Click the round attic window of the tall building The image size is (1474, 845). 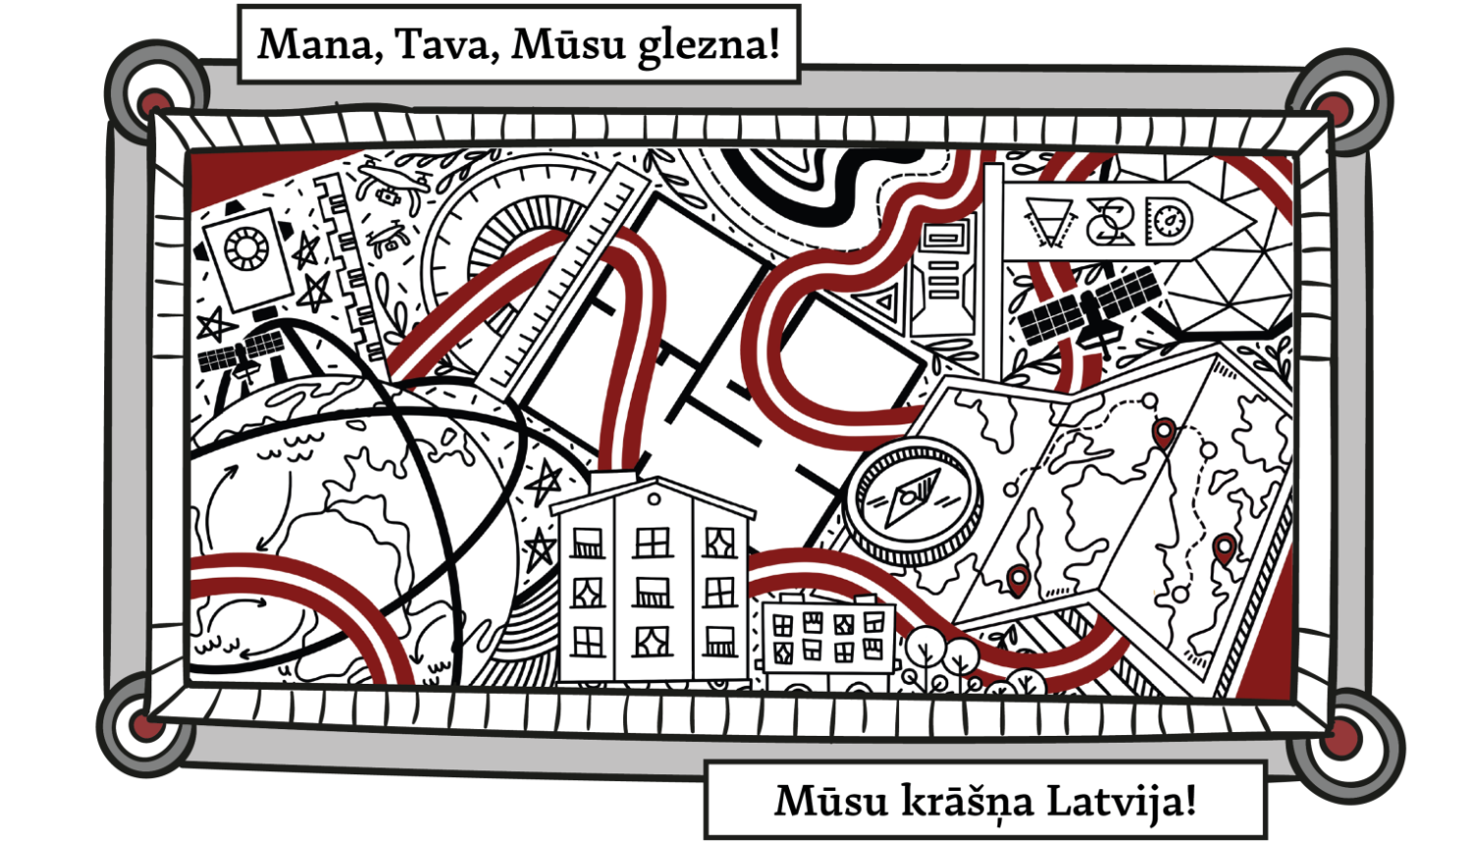click(653, 500)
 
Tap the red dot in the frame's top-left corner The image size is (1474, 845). click(154, 101)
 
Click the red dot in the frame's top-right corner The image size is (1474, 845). click(1333, 107)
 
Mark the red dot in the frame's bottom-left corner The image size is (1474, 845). click(146, 726)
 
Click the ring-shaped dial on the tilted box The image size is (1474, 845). click(246, 248)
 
